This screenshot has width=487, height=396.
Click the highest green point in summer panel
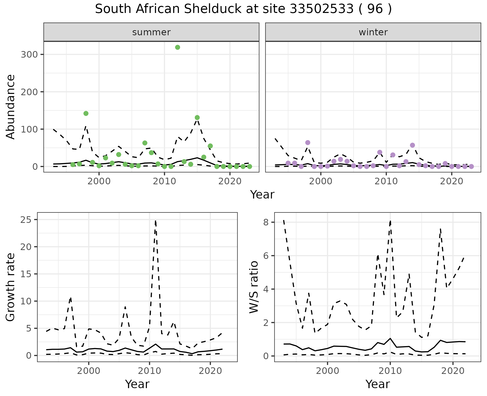[178, 47]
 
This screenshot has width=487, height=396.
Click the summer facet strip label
[151, 32]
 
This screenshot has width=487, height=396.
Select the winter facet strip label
[373, 32]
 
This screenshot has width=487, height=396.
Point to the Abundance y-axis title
[10, 107]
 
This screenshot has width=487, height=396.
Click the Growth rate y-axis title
[10, 287]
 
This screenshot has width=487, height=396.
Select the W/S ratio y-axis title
[254, 287]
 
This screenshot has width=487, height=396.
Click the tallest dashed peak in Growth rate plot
[155, 221]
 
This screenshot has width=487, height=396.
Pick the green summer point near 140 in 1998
[86, 113]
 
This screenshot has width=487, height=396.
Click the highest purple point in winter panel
[308, 143]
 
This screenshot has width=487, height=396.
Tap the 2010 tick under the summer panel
[164, 182]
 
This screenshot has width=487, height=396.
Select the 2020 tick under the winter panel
[451, 182]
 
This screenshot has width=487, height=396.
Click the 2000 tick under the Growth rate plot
[89, 371]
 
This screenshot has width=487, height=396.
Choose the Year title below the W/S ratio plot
[377, 384]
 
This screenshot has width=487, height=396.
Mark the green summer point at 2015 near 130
[197, 118]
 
